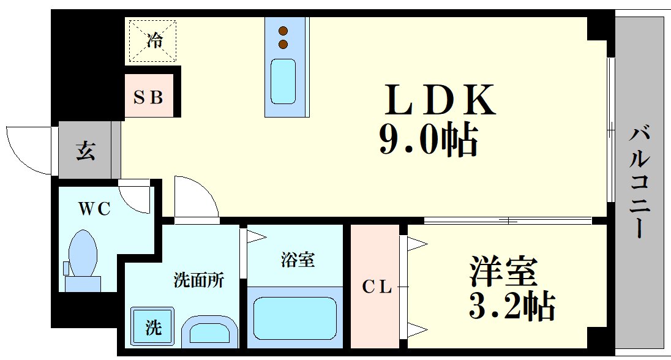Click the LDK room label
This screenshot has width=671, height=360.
pos(439,101)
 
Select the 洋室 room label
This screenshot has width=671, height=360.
pos(503,271)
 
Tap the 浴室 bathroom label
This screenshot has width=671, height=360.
pos(298,260)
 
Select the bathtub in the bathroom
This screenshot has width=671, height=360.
pos(294,319)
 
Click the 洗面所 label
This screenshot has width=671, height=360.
pos(198,281)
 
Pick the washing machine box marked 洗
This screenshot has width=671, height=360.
pos(153,327)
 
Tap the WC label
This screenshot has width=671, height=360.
pos(94,209)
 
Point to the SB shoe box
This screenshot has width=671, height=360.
pos(149,97)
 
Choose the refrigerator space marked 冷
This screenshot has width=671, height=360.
pos(152,42)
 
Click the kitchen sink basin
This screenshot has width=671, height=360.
pos(283,81)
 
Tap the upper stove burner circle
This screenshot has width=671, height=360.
pos(283,31)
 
